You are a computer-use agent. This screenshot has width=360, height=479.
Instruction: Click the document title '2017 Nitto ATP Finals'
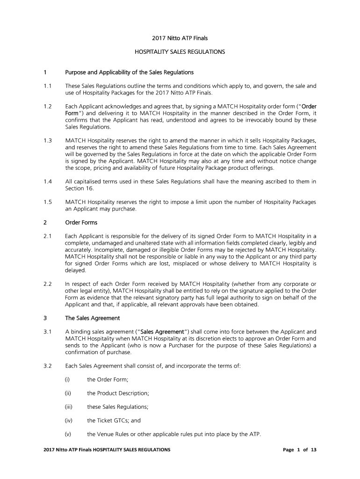(x=180, y=38)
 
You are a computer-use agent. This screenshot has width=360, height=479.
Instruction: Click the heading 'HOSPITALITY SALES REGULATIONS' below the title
(x=180, y=52)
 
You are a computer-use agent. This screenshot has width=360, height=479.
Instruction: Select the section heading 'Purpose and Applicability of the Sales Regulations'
(x=129, y=73)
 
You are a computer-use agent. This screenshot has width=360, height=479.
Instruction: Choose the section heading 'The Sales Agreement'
(x=93, y=318)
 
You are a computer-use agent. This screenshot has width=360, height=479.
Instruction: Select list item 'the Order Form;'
(x=108, y=379)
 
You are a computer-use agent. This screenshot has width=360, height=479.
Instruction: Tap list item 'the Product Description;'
(x=118, y=393)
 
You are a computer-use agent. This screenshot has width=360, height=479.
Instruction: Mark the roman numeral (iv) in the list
(x=69, y=421)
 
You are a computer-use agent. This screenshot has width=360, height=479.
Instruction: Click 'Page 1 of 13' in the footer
(x=300, y=450)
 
